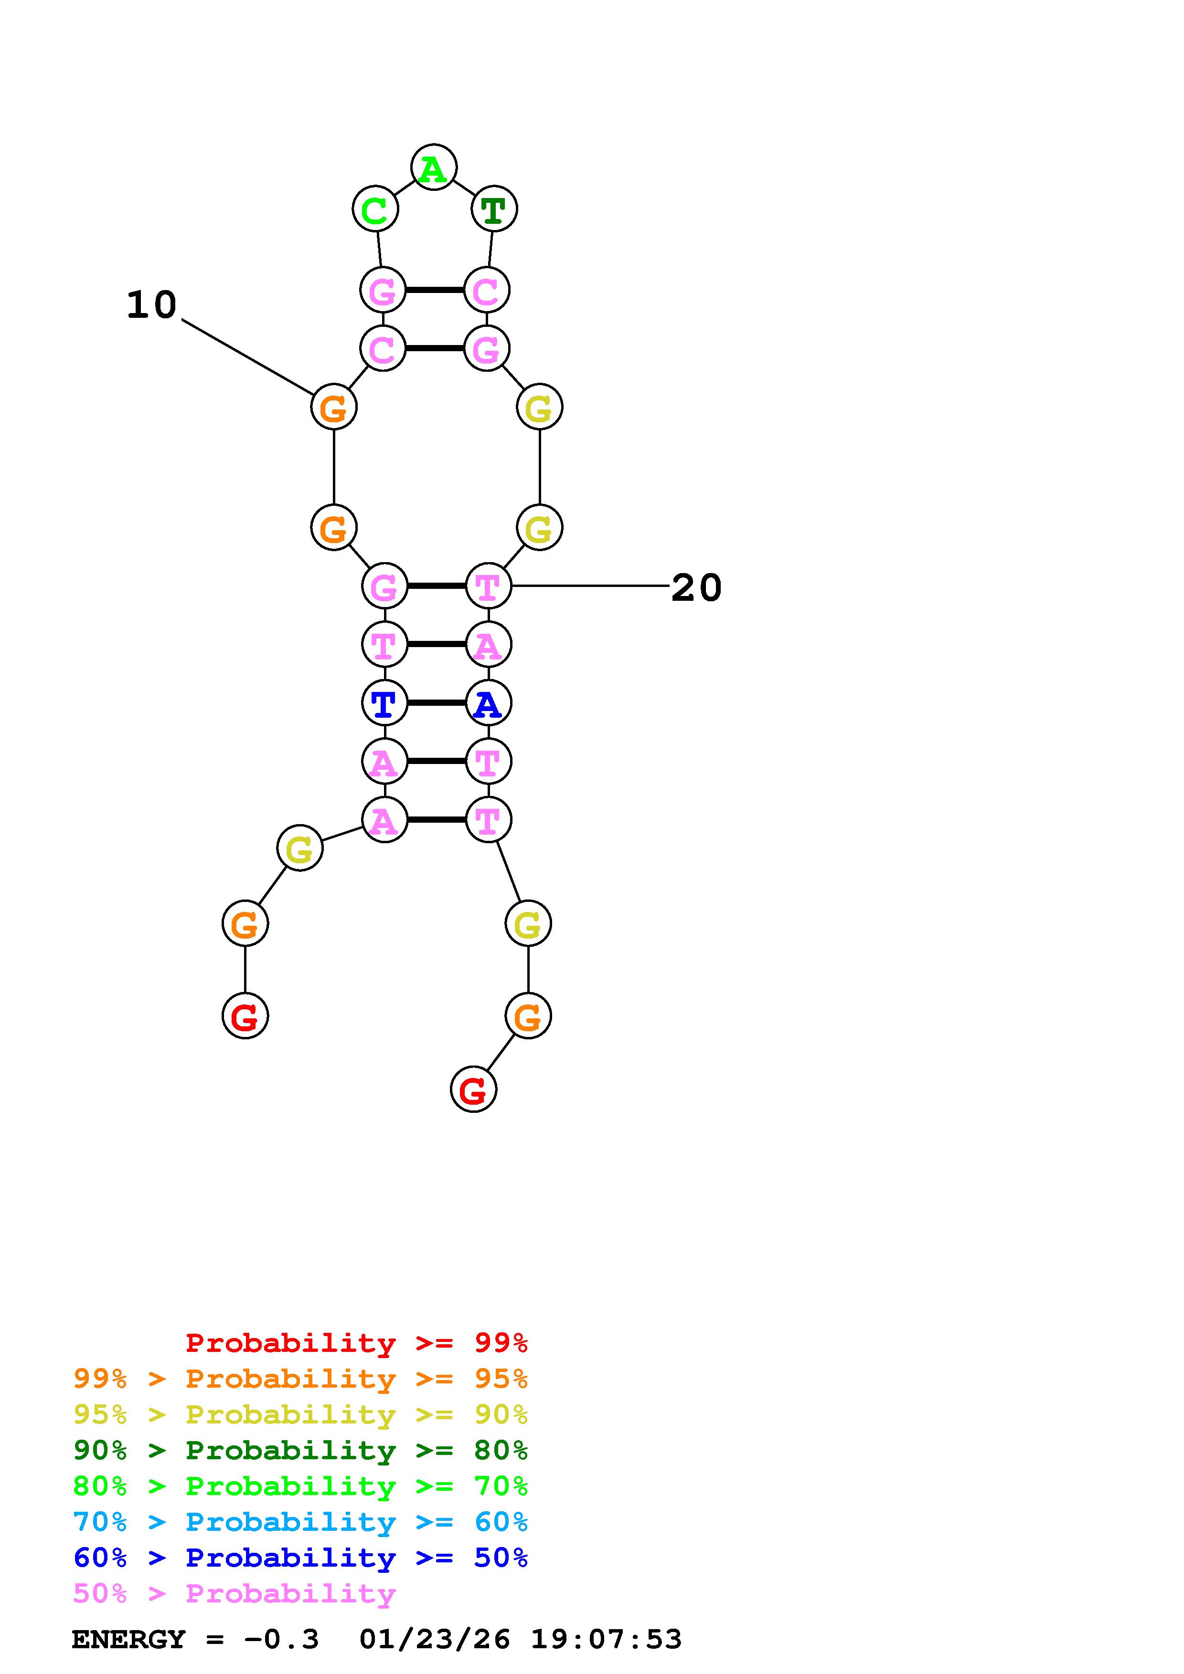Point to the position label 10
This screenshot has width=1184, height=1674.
pos(152,305)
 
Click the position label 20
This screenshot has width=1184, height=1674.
pos(696,587)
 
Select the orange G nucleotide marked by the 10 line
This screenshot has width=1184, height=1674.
pos(333,408)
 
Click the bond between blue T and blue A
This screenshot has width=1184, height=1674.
pos(436,703)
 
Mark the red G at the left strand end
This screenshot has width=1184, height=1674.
pos(245,1016)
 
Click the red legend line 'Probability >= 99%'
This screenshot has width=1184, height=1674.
pos(357,1343)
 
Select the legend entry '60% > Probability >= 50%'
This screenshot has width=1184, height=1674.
pos(300,1558)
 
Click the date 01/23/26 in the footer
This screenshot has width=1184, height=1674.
pos(435,1640)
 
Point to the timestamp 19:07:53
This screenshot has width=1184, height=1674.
pos(606,1640)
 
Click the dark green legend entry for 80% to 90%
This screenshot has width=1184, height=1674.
pos(300,1450)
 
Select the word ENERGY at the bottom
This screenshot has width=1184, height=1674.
pos(128,1640)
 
